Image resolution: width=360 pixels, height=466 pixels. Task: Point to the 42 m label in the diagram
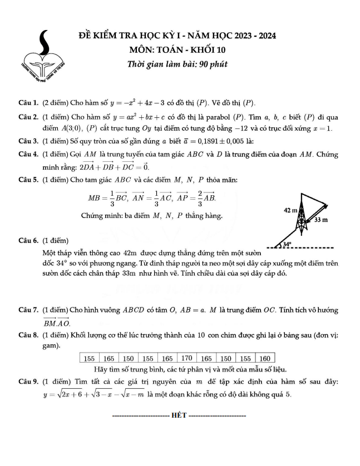point(291,211)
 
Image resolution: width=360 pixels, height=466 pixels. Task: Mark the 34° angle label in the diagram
point(288,244)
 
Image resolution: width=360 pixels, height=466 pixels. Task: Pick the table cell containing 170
point(187,358)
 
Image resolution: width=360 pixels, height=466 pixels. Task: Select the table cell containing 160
point(265,358)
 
